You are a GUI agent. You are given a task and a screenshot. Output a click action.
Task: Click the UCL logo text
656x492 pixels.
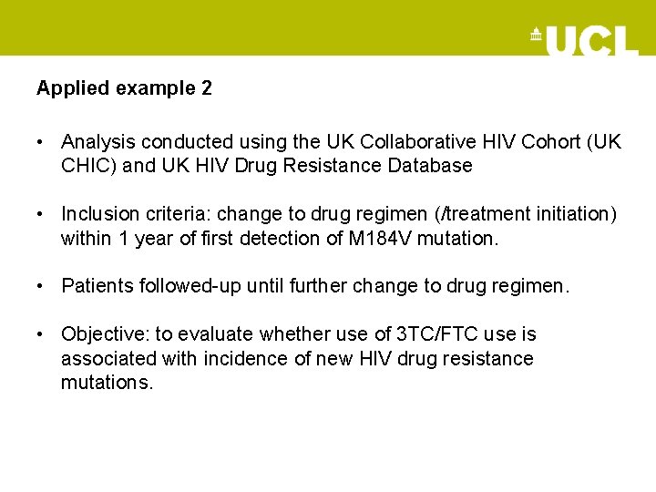tap(592, 40)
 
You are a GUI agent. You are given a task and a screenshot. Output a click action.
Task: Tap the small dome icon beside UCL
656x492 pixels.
tap(536, 36)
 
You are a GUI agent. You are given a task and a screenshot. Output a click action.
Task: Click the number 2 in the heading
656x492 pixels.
tap(207, 88)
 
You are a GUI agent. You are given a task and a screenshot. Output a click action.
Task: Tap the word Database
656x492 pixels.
tap(431, 166)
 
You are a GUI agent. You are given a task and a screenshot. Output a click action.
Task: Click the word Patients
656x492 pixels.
tap(97, 286)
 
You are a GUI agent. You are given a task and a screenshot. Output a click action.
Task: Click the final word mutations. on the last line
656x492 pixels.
tap(108, 382)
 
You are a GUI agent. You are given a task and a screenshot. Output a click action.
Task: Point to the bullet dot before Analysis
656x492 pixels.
tap(42, 142)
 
